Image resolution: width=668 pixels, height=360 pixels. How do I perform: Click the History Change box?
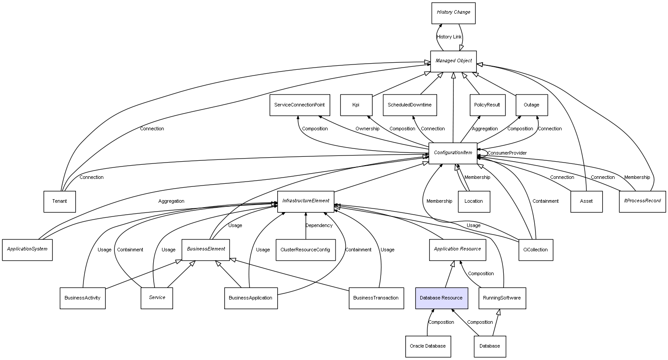coord(453,13)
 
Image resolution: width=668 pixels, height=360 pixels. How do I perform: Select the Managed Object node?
coord(453,61)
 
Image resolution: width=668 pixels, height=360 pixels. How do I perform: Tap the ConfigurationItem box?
coord(453,153)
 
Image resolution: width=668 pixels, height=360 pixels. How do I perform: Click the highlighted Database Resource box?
coord(441,298)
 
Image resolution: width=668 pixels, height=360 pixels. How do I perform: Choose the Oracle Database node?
coord(428,346)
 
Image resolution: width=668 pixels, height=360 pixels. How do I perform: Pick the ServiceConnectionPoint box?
coord(299,105)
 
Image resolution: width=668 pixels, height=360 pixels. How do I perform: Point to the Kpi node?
coord(356,105)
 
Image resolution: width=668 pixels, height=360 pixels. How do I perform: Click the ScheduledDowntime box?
coord(410,105)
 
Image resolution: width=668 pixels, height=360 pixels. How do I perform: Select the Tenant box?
coord(60,201)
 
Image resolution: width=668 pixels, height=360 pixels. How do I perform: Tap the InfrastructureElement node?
coord(306,201)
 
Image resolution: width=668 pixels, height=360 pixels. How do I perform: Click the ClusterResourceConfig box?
coord(305,250)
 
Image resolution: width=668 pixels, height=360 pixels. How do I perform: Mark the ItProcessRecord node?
coord(642,201)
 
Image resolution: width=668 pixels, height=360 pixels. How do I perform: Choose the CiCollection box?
coord(535,250)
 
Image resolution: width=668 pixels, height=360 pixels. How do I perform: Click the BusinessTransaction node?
coord(376,298)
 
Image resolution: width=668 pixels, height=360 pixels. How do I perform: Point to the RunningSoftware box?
coord(502,298)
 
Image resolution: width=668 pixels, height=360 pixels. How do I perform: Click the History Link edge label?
coord(449,37)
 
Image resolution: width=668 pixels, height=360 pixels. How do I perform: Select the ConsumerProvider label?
coord(507,153)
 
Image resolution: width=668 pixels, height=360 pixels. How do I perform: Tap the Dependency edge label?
coord(319,226)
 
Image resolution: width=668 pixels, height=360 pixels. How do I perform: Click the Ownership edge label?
coord(367,129)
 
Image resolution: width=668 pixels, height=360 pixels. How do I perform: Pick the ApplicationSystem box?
coord(27,250)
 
